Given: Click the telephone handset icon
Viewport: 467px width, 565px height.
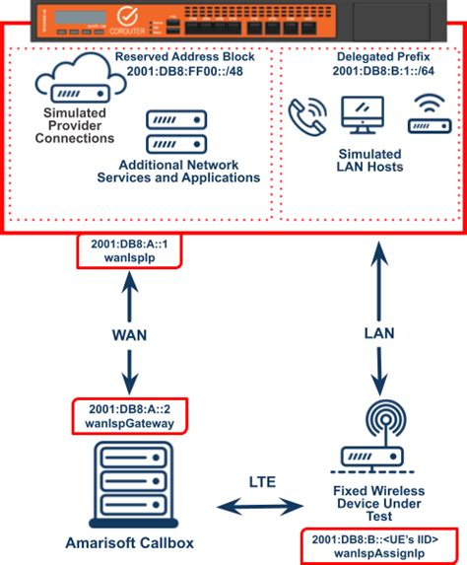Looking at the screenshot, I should pyautogui.click(x=306, y=115).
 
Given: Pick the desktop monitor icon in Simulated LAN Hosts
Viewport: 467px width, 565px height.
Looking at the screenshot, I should pyautogui.click(x=362, y=115).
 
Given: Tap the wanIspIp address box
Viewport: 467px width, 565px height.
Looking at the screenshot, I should pyautogui.click(x=124, y=251).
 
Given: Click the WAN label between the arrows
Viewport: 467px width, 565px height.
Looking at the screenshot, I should pyautogui.click(x=127, y=334).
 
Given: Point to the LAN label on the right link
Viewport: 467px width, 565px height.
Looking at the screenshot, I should pyautogui.click(x=378, y=334).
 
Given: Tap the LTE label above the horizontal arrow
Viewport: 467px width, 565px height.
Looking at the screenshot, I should pyautogui.click(x=262, y=483).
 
